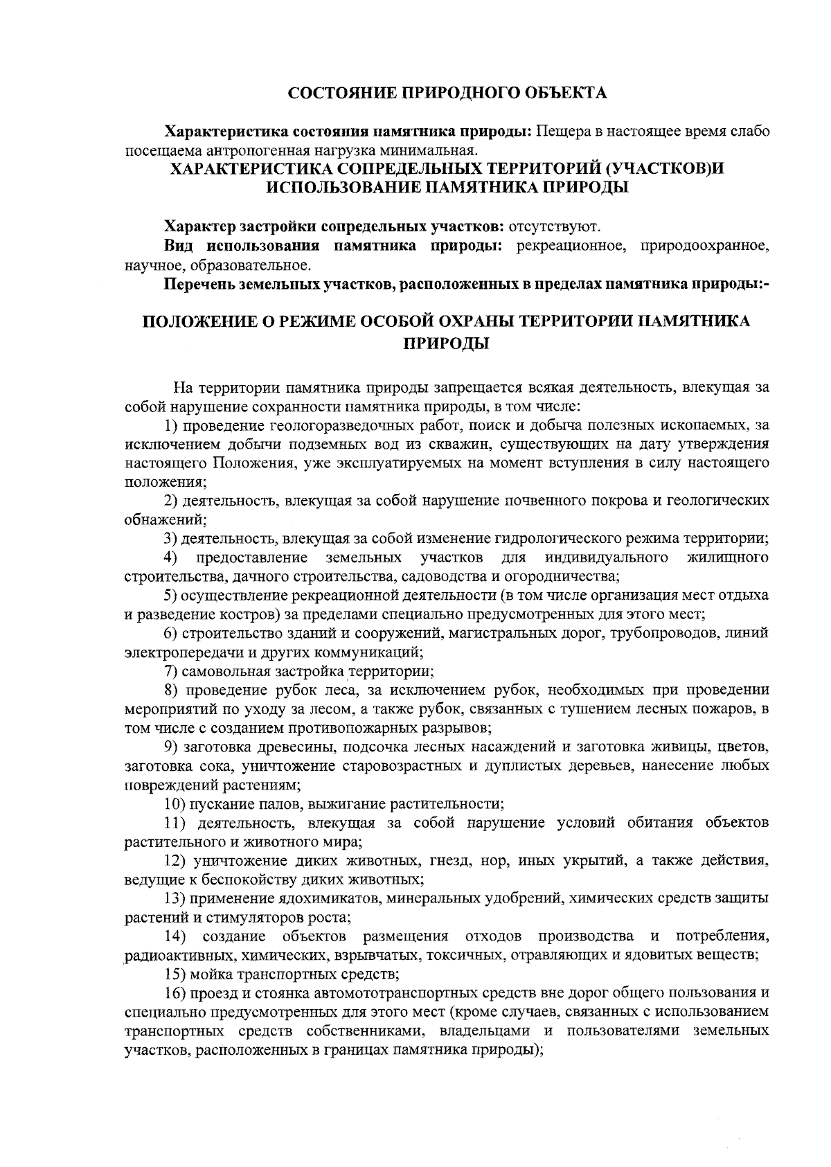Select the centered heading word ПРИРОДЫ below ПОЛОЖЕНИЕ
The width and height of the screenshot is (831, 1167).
447,342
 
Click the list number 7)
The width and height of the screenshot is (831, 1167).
172,671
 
